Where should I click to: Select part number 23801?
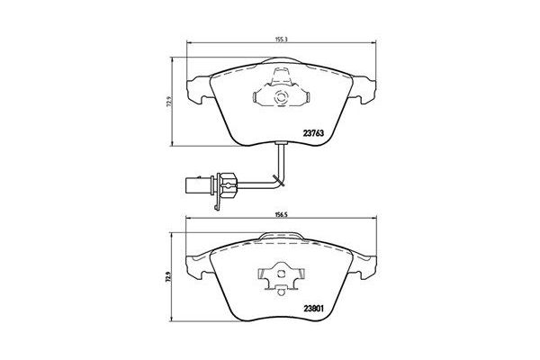(313, 306)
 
